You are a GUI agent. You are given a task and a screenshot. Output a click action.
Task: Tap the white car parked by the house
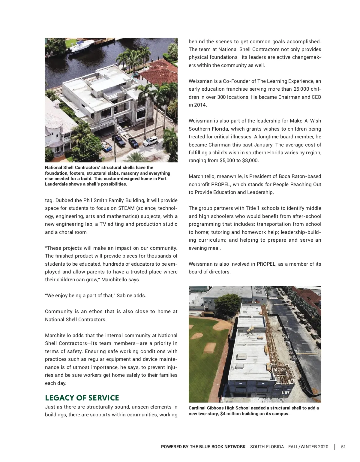pos(150,140)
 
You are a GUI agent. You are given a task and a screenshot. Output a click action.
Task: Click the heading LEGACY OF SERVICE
pos(82,398)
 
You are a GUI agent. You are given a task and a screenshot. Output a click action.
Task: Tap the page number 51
pos(343,446)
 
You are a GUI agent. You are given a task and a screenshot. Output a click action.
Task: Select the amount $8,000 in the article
pos(250,160)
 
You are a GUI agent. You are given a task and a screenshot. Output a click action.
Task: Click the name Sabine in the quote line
pos(124,295)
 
